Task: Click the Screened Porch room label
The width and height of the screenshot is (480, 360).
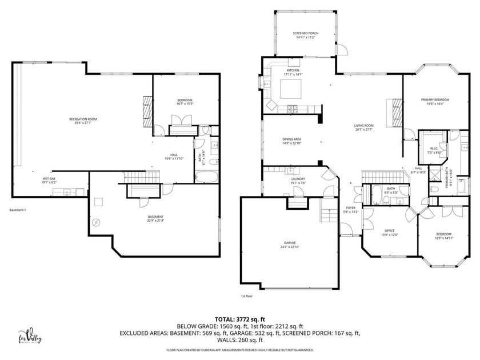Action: click(306, 34)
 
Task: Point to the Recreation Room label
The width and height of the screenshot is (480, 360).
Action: click(83, 119)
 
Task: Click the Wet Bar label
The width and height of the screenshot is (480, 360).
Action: click(49, 179)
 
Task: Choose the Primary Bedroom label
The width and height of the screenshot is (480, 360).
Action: click(435, 99)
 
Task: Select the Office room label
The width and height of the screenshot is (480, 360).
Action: click(389, 231)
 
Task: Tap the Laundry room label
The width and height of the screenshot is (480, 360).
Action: click(298, 179)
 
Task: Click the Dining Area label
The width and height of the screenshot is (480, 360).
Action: click(291, 139)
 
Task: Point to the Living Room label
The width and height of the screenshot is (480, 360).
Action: click(363, 126)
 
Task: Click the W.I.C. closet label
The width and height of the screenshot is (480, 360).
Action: click(434, 149)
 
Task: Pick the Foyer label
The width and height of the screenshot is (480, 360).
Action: click(350, 208)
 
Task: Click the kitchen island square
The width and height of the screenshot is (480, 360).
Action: click(290, 90)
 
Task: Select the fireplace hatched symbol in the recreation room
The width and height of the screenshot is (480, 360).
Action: click(147, 106)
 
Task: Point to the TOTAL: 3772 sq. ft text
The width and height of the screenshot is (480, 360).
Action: click(239, 319)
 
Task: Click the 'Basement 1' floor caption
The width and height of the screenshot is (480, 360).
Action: click(18, 210)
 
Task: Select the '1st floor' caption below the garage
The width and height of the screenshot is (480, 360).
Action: click(247, 296)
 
